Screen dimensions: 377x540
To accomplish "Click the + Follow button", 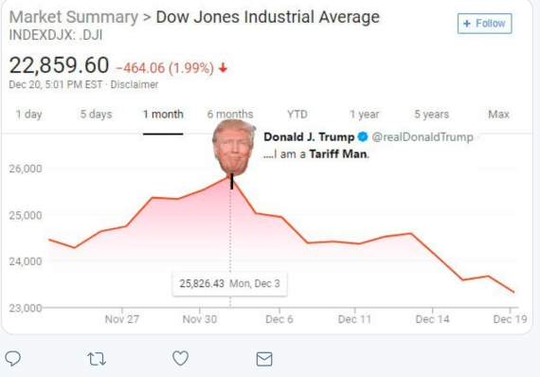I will click(484, 23).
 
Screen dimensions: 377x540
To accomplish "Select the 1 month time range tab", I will click(163, 115).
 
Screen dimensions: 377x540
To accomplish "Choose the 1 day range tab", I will click(28, 115).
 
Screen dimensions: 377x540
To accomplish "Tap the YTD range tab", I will click(297, 115).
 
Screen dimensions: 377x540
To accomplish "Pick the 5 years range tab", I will click(431, 115).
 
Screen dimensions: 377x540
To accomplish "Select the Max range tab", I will click(498, 115).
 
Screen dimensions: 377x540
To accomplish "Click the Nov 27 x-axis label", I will click(121, 319).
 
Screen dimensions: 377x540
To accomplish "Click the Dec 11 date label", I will click(354, 319).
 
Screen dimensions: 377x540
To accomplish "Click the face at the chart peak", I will click(233, 147).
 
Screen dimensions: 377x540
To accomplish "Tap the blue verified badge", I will click(362, 137).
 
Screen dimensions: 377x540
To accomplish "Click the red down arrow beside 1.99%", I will click(224, 68).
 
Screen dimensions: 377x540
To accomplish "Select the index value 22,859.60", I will click(59, 66).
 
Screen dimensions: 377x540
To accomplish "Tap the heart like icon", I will click(180, 358).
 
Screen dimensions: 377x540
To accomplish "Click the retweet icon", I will click(97, 358).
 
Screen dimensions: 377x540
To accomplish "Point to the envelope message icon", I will click(264, 358).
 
